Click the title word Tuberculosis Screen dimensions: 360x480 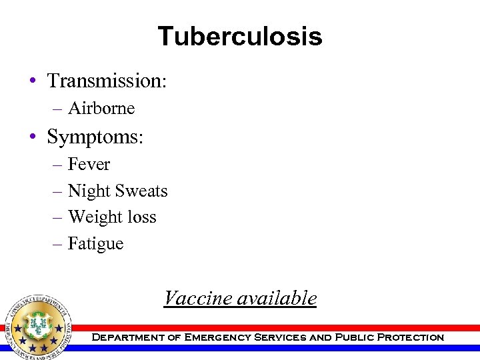(x=240, y=36)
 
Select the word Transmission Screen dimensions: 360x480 (x=105, y=81)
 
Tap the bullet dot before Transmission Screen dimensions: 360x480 (x=32, y=82)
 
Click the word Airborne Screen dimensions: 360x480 (x=101, y=108)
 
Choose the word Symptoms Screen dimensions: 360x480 (x=93, y=137)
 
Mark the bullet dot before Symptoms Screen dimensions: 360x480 (x=32, y=137)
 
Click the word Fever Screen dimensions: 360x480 (x=89, y=164)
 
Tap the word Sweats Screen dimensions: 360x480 (x=141, y=191)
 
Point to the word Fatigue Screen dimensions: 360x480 (x=95, y=244)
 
